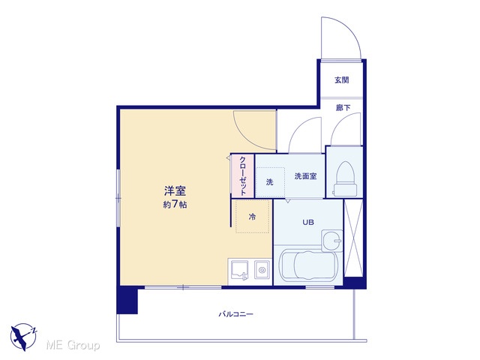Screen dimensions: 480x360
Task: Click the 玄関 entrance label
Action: point(342,80)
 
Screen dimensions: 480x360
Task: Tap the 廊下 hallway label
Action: point(343,107)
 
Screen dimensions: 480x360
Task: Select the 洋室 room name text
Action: point(175,191)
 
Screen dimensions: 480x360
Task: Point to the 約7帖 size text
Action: point(175,204)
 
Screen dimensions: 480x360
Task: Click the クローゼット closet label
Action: point(243,176)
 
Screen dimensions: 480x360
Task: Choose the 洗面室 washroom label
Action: point(305,176)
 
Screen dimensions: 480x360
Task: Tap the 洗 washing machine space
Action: point(270,182)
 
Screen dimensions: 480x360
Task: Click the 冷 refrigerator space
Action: point(252,217)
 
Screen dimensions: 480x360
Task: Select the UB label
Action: point(308,222)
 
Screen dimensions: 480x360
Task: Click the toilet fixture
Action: point(345,179)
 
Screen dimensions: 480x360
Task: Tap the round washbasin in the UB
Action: point(332,240)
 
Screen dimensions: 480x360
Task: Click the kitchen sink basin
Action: point(240,270)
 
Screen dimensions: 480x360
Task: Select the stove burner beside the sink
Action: point(262,270)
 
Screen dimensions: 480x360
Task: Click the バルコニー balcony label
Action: point(235,314)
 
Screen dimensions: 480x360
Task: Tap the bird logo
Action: point(23,337)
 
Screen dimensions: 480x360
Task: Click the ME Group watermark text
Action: point(73,345)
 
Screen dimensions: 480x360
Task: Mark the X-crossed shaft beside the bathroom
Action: point(353,238)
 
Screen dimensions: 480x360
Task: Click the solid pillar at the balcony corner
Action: point(127,300)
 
